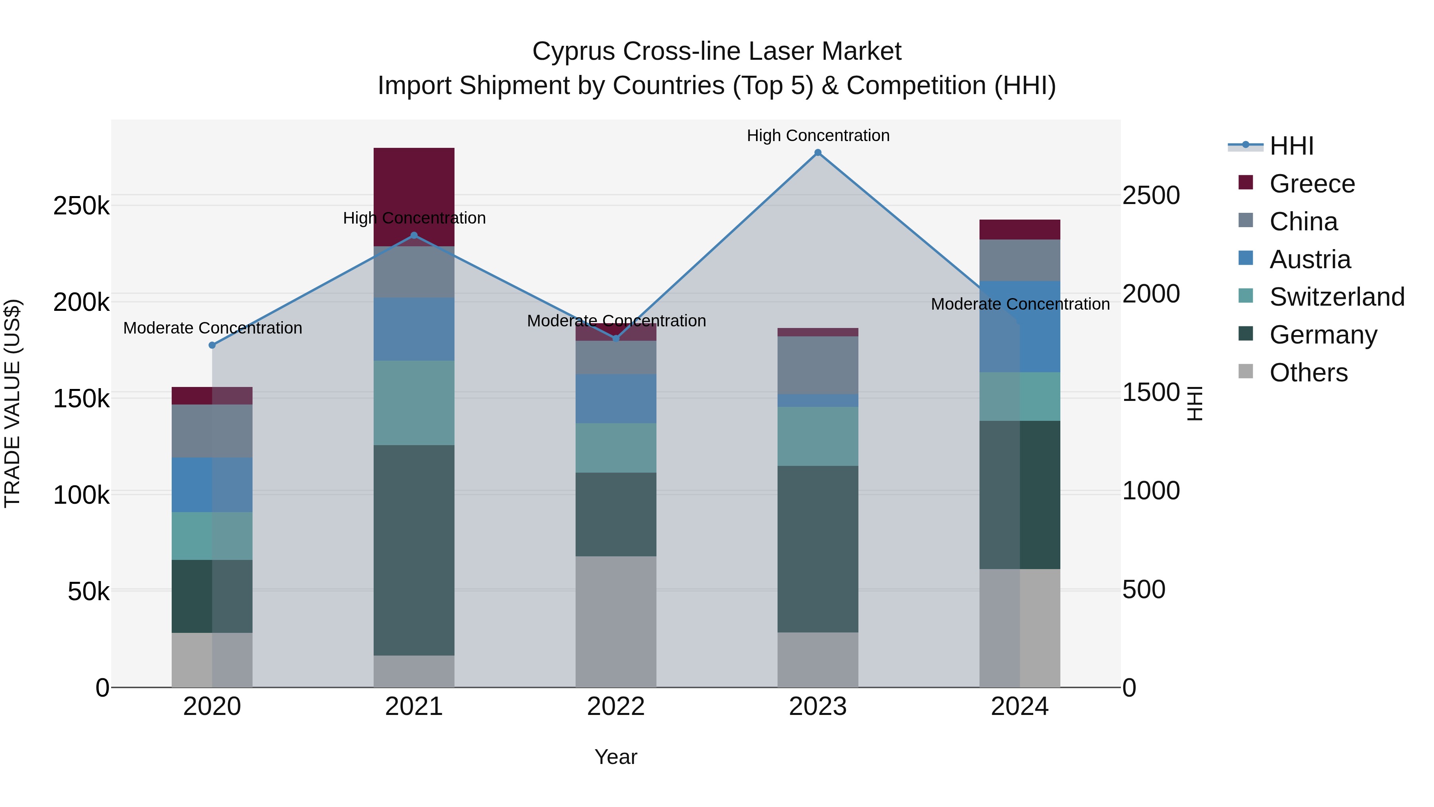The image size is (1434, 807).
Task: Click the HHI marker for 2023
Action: point(818,153)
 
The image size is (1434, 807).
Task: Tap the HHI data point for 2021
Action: point(413,236)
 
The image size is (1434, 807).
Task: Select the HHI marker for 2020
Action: point(212,345)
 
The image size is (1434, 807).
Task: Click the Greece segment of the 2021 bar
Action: point(413,189)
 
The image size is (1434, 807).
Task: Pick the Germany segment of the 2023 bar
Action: point(818,549)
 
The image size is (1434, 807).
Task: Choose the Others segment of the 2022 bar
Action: point(616,621)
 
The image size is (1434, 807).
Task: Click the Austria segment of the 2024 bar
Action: point(1020,326)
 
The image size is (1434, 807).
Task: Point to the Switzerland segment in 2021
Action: point(413,403)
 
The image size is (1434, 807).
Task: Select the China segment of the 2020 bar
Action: point(212,430)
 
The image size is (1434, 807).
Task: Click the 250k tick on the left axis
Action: point(81,206)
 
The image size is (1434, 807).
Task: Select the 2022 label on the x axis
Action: point(616,707)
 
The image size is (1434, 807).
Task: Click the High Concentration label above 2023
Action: point(818,135)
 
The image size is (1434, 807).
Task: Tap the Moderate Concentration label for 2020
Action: point(212,328)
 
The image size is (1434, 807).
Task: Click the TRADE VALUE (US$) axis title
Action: point(12,403)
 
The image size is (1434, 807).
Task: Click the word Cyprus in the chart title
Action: point(573,51)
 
